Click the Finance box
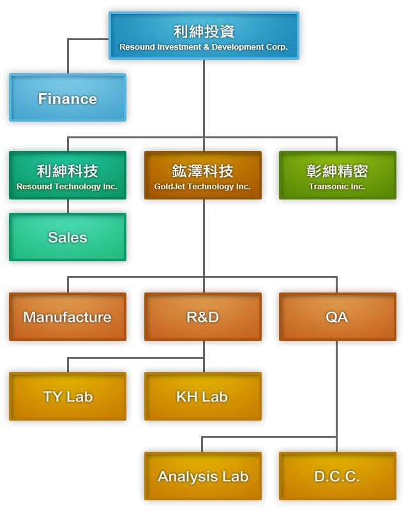click(x=68, y=98)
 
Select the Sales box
click(x=68, y=237)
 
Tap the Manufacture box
click(x=68, y=317)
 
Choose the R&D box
click(x=203, y=317)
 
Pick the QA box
click(x=337, y=317)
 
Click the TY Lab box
click(x=68, y=396)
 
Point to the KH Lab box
click(x=203, y=396)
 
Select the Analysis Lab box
click(x=203, y=476)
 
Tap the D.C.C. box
click(x=337, y=476)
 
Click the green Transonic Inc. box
click(x=337, y=175)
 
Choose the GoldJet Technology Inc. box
click(x=203, y=175)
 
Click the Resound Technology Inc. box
click(x=68, y=175)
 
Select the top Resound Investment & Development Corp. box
click(x=204, y=36)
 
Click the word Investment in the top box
click(x=176, y=47)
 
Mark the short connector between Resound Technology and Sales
click(x=68, y=206)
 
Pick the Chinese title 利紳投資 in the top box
click(x=204, y=31)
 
